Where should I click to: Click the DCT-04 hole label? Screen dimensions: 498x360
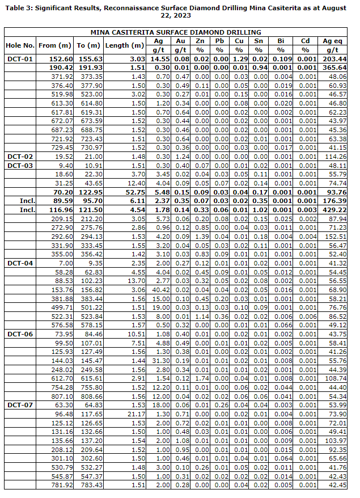coord(20,263)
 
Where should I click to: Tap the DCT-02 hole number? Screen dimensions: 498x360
coord(20,156)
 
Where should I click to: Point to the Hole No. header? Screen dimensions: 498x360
coord(20,45)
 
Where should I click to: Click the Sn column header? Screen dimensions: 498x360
coord(259,41)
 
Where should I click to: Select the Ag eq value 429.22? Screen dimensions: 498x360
coord(333,210)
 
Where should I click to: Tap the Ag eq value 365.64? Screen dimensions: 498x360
coord(333,67)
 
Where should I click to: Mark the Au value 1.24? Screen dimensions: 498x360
coord(181,156)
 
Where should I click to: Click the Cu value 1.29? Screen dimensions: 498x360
coord(239,59)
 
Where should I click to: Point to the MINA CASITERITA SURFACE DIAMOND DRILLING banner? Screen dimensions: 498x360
coord(176,32)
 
